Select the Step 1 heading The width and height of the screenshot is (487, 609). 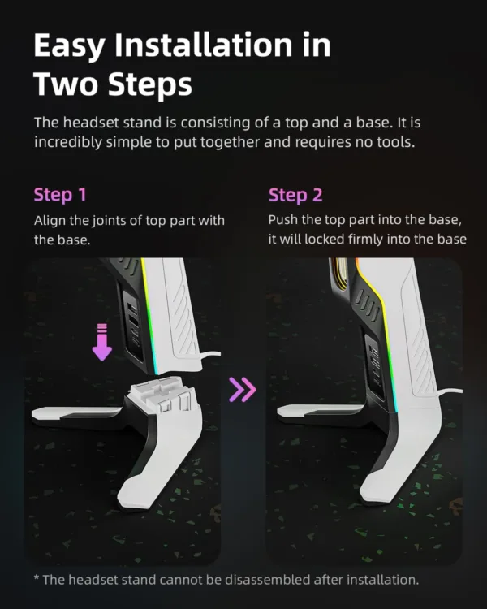point(60,195)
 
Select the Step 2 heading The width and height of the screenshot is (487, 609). point(295,195)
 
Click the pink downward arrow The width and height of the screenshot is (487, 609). point(101,341)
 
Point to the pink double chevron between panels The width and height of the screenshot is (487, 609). point(243,391)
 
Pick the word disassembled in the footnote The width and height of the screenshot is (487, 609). point(249,579)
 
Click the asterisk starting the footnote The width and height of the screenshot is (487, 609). point(37,578)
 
